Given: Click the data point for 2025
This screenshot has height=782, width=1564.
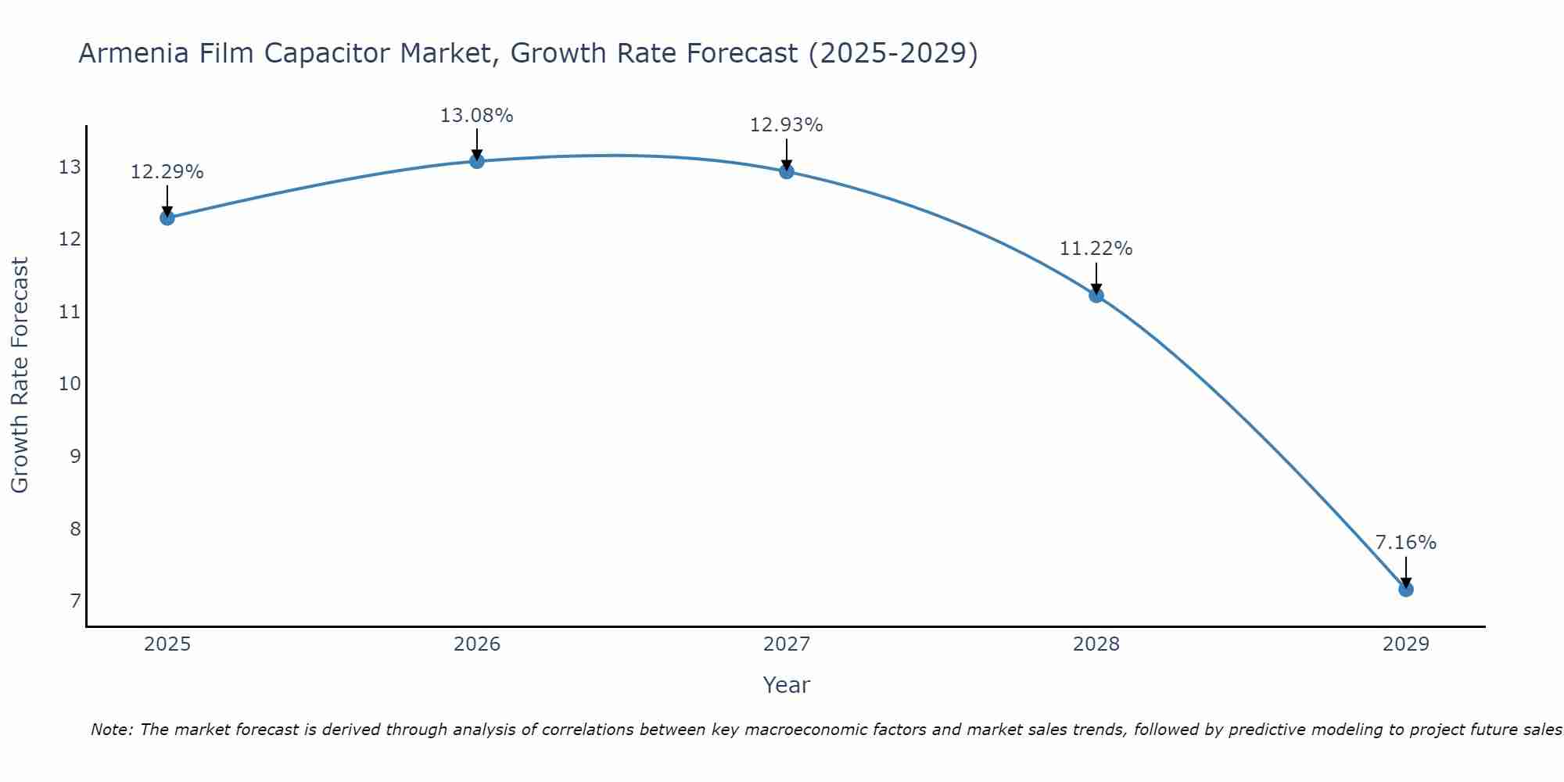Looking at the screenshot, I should pyautogui.click(x=167, y=217).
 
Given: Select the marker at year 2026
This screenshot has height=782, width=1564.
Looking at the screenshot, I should pyautogui.click(x=477, y=161).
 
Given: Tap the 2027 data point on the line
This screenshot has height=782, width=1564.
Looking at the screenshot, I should pyautogui.click(x=787, y=171).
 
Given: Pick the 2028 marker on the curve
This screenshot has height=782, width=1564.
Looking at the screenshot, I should pyautogui.click(x=1096, y=295).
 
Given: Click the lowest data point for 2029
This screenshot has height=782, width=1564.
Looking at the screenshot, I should pyautogui.click(x=1406, y=589).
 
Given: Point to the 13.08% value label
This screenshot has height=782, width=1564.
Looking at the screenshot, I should pyautogui.click(x=477, y=116).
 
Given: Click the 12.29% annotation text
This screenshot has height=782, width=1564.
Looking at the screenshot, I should pyautogui.click(x=167, y=172).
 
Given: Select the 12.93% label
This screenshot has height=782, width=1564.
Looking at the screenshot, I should pyautogui.click(x=787, y=125).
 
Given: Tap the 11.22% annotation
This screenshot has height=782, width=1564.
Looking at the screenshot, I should pyautogui.click(x=1096, y=249).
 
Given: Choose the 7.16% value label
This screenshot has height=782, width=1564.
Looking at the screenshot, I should pyautogui.click(x=1406, y=543).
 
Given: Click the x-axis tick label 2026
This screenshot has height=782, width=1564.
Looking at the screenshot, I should pyautogui.click(x=477, y=644).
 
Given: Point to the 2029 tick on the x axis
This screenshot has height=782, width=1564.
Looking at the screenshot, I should pyautogui.click(x=1406, y=644).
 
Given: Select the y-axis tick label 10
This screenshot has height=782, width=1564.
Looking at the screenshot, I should pyautogui.click(x=70, y=384).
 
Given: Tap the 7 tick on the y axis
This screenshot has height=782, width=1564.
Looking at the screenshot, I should pyautogui.click(x=75, y=601).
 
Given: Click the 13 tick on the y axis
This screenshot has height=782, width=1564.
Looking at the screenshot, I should pyautogui.click(x=70, y=167).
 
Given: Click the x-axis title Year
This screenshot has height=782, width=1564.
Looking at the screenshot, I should pyautogui.click(x=787, y=685).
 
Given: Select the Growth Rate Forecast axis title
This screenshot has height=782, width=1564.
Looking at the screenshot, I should pyautogui.click(x=20, y=375).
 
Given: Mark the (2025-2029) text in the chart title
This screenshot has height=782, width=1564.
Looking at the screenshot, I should pyautogui.click(x=893, y=53).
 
